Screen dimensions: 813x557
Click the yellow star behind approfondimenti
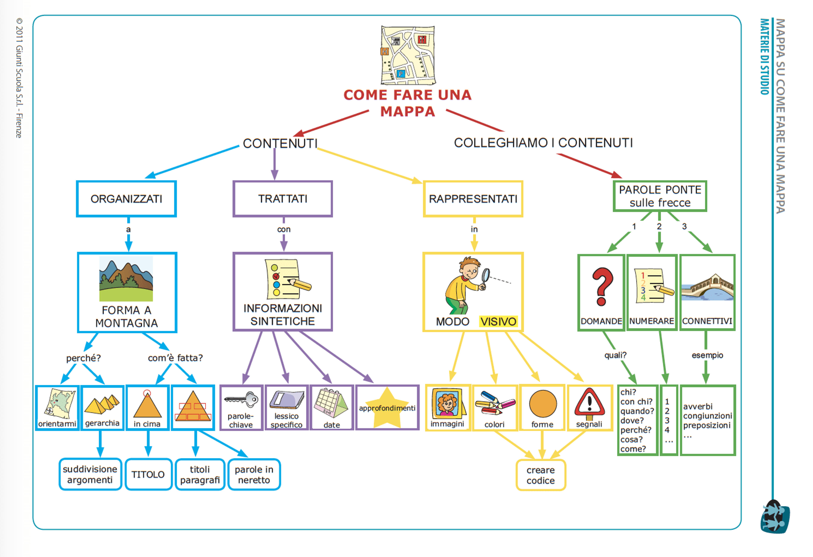coord(387,407)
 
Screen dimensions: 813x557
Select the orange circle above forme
coord(543,404)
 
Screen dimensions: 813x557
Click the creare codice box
coord(541,475)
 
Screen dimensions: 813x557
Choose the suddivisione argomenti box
coord(90,474)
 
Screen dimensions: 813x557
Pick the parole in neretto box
coord(254,474)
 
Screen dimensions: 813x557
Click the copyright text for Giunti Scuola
coord(19,78)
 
